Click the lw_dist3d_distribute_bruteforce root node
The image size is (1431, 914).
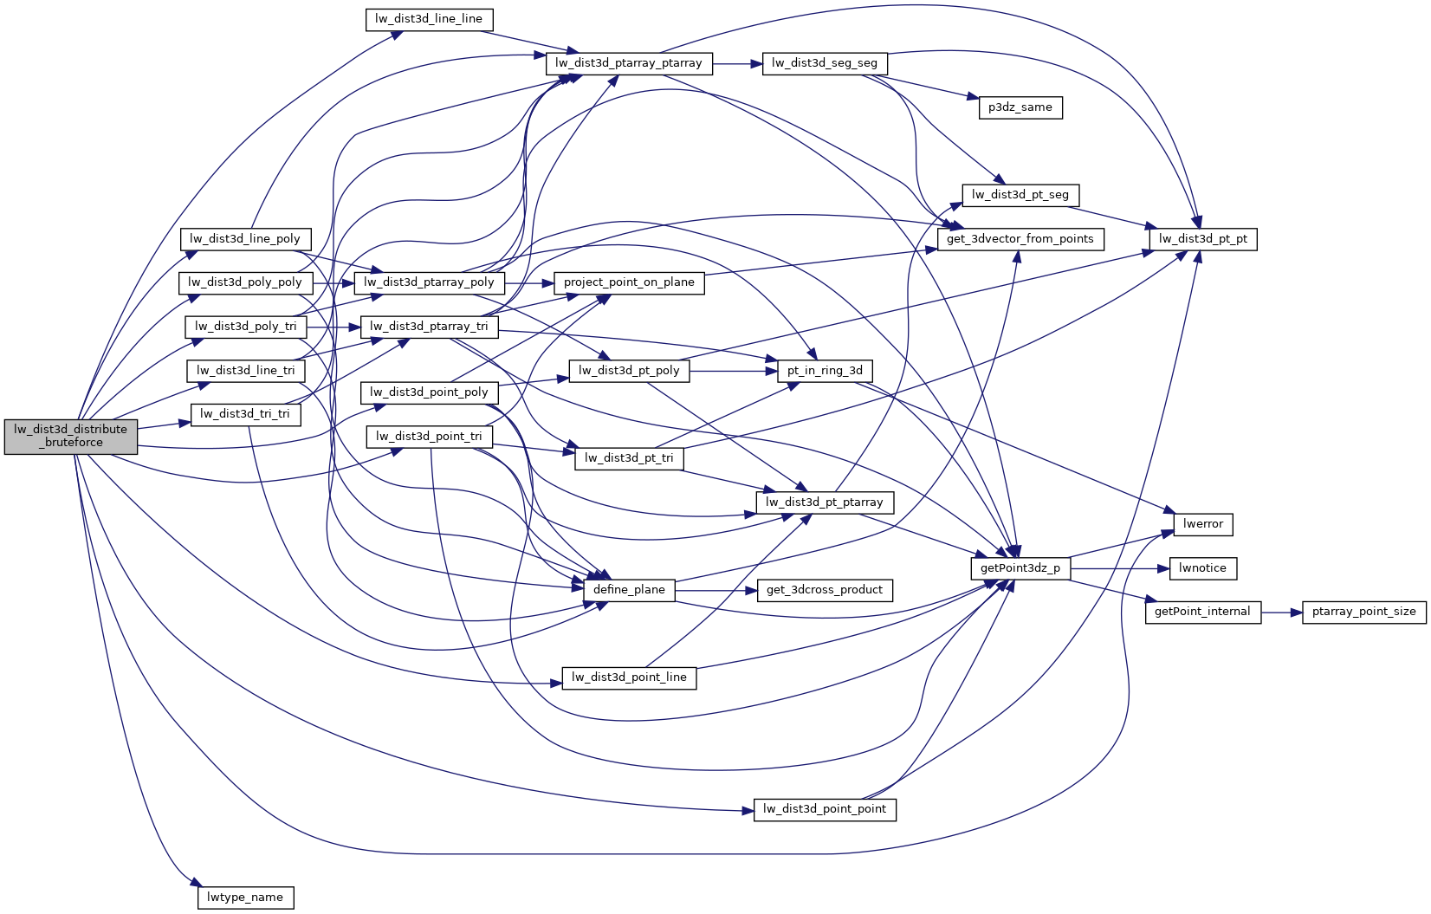click(x=71, y=436)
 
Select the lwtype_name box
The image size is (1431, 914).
click(x=245, y=898)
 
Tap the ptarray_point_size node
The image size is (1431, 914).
click(x=1363, y=612)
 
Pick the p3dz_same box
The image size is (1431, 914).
click(x=1020, y=107)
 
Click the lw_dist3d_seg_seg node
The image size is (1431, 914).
click(x=824, y=63)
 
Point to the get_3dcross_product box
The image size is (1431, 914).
click(x=824, y=590)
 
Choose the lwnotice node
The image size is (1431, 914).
click(x=1202, y=568)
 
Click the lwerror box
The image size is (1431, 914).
click(x=1202, y=524)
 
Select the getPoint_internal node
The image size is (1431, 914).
click(x=1202, y=612)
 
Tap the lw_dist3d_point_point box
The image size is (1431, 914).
click(x=824, y=809)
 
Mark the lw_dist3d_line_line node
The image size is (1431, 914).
click(x=429, y=19)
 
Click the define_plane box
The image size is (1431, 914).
click(x=629, y=590)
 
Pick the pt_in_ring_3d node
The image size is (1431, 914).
click(x=824, y=371)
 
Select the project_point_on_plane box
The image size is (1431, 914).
click(x=629, y=282)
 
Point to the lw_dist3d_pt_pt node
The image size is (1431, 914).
click(x=1202, y=239)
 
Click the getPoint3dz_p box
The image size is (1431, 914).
click(x=1020, y=568)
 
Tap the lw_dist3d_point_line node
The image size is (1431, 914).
click(x=629, y=677)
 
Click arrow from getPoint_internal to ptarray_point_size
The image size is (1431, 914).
click(x=1281, y=612)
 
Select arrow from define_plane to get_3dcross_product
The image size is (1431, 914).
click(x=715, y=590)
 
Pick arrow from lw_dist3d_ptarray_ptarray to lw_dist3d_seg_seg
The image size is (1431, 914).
click(x=737, y=63)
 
